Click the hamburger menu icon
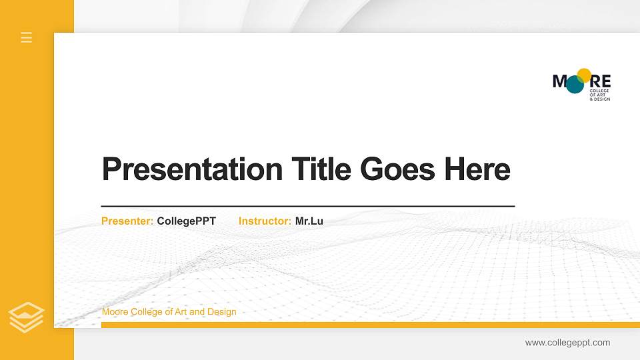click(27, 37)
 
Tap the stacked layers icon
click(27, 317)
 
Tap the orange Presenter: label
click(127, 221)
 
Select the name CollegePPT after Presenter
click(187, 221)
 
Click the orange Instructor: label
click(265, 221)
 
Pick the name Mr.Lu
click(309, 221)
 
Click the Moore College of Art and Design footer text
click(169, 312)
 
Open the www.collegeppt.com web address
click(567, 343)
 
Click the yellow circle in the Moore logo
click(585, 75)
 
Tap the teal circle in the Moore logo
click(575, 85)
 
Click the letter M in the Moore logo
click(559, 81)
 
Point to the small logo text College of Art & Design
click(600, 95)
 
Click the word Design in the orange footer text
click(222, 312)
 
